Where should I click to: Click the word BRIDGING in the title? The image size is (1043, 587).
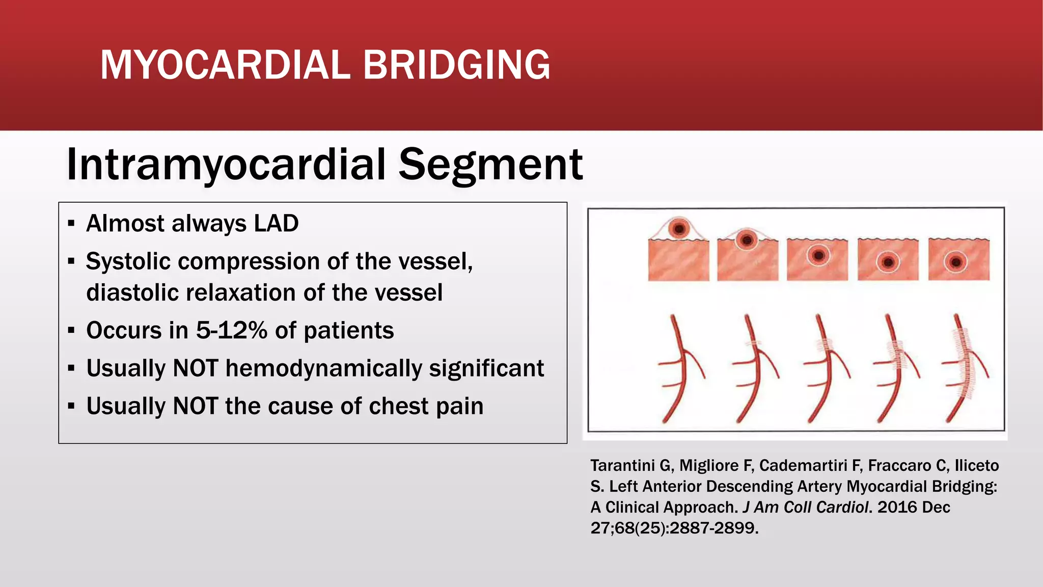coord(456,65)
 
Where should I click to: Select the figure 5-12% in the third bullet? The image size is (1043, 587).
coord(232,331)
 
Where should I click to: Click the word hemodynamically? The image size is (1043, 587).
coord(323,368)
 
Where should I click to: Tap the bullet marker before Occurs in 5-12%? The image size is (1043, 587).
coord(71,331)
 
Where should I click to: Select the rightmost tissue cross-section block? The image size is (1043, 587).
coord(958,260)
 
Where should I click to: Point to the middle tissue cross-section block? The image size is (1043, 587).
coord(817,260)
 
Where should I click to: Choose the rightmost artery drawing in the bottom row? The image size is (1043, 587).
coord(963,369)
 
